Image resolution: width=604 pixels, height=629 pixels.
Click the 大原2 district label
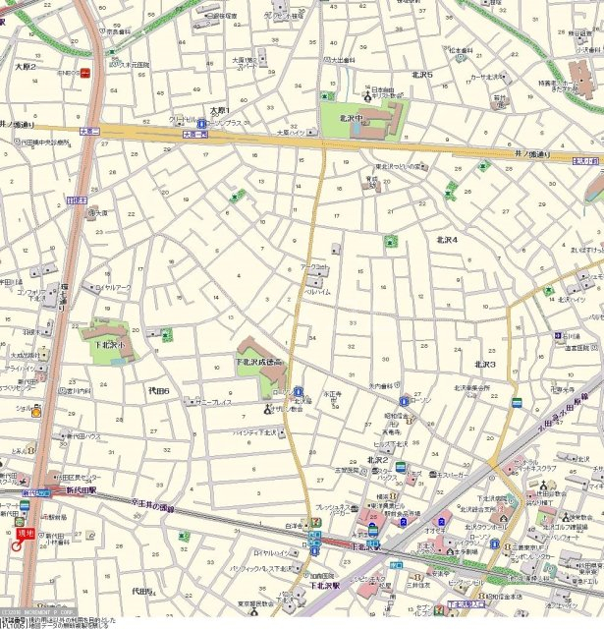click(26, 67)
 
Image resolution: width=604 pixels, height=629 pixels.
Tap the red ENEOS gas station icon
click(85, 72)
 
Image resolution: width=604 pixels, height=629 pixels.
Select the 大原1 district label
click(219, 110)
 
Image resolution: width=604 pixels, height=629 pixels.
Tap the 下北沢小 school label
click(110, 346)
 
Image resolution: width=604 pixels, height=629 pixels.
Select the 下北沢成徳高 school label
click(259, 364)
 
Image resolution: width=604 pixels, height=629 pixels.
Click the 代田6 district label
click(159, 392)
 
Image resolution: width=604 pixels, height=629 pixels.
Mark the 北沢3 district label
click(485, 365)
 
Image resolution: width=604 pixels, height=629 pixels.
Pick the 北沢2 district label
click(378, 460)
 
